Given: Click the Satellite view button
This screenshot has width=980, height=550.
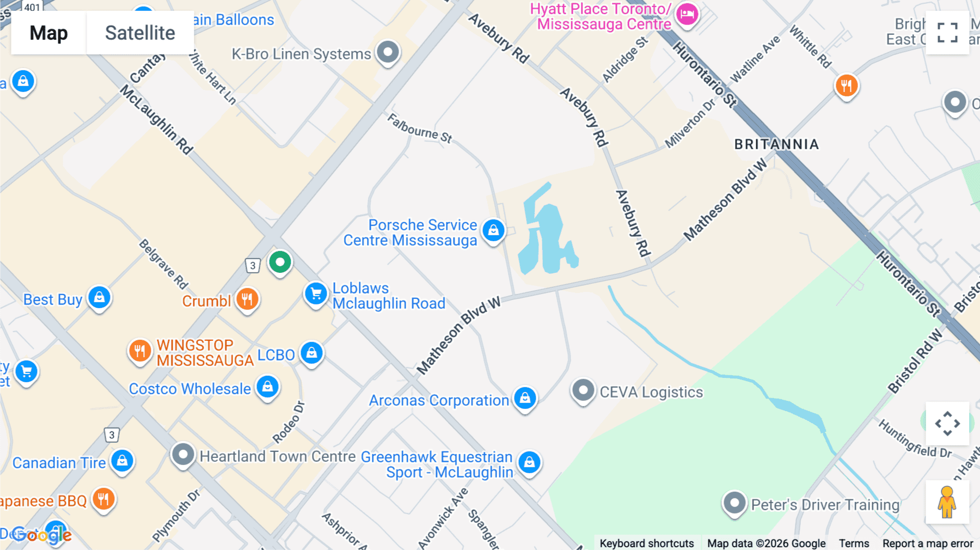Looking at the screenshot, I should coord(140,33).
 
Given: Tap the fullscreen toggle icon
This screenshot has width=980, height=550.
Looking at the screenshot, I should coord(947,33).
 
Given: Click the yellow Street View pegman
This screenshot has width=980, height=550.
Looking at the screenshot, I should coord(947,502).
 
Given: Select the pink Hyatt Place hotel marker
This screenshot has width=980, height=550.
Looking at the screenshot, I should coord(687,15).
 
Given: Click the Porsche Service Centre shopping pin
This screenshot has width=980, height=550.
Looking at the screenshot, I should coord(493,230).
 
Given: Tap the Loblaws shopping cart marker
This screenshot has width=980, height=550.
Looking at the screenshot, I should coord(316,294).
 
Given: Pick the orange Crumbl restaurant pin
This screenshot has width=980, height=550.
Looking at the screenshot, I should coord(247,299).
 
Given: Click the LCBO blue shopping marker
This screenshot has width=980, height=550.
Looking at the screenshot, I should coord(311,353).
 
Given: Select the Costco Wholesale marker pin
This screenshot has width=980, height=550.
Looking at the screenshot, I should coord(267,387).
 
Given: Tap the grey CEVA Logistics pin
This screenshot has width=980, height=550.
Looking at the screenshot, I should coord(583,390).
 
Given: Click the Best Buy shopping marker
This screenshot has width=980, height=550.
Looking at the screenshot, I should coord(99,297).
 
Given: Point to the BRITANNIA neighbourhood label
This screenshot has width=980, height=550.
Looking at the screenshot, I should coord(776,144).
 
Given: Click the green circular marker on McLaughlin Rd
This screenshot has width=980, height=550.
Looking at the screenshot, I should coord(280,262).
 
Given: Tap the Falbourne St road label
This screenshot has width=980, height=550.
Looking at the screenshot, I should coord(420,129).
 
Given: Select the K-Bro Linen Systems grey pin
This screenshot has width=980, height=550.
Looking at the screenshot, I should coord(388,53).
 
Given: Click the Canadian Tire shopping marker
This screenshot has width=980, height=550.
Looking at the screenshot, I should coord(122,461).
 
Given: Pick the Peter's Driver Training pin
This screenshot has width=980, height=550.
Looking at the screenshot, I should coord(734,503).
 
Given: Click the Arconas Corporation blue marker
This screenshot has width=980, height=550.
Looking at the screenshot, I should coord(525,398).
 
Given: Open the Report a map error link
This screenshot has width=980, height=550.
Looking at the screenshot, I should coord(928,543).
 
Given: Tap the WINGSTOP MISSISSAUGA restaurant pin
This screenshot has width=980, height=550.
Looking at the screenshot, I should coord(140,350).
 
